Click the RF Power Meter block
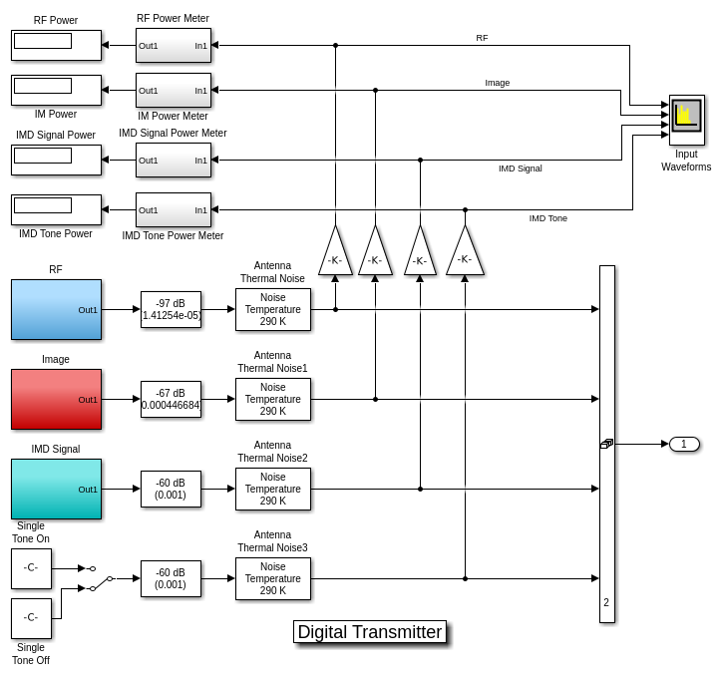[174, 45]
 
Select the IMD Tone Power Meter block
[174, 209]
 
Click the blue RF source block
[56, 309]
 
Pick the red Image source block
[56, 399]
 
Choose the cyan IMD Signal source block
[56, 489]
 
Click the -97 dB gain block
[171, 309]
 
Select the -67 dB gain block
[171, 399]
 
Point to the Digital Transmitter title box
[369, 632]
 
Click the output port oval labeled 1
[684, 444]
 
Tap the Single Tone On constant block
[31, 568]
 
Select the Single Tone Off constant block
[31, 618]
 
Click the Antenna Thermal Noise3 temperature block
[272, 578]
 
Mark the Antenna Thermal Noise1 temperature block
[272, 399]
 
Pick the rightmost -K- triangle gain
[465, 254]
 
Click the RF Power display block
[56, 45]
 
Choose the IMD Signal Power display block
[56, 160]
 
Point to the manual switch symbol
[101, 578]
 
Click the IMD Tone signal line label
[547, 218]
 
